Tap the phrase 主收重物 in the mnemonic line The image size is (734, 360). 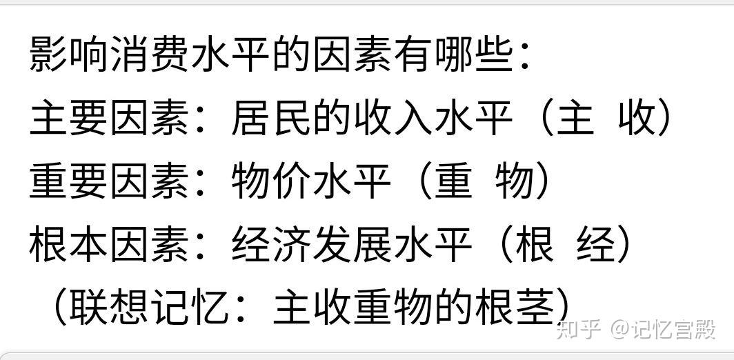point(353,307)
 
